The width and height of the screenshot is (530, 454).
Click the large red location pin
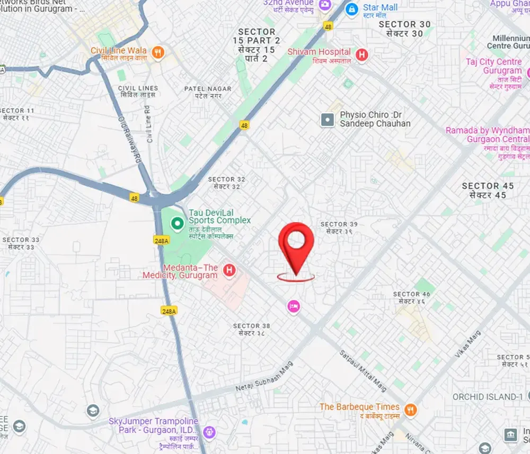tap(296, 244)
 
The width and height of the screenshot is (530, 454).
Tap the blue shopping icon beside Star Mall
tap(351, 8)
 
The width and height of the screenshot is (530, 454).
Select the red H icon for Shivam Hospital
tap(362, 54)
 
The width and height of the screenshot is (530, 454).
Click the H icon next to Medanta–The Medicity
tap(229, 270)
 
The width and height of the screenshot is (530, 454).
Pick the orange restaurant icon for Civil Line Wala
tap(157, 52)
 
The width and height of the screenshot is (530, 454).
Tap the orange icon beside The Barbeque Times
tap(410, 409)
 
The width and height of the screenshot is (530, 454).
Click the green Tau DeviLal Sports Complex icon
tap(176, 224)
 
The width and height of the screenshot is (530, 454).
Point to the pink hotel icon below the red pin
tap(293, 306)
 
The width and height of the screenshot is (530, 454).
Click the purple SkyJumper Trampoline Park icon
tap(209, 432)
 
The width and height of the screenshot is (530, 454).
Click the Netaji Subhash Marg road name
tap(263, 379)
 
